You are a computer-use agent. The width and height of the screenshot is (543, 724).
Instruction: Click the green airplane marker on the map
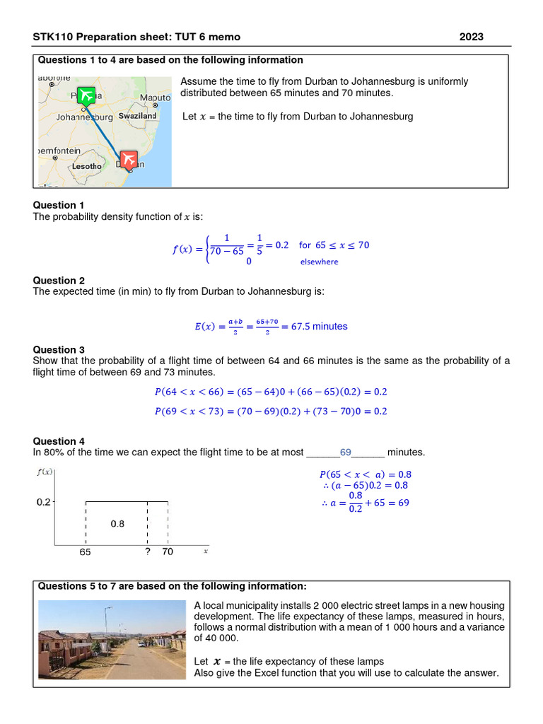click(x=86, y=95)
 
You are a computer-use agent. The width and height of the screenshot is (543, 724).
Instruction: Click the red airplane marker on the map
click(x=129, y=160)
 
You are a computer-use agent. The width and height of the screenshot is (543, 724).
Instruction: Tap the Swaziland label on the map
click(x=137, y=116)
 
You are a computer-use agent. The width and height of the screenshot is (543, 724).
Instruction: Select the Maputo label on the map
click(x=155, y=98)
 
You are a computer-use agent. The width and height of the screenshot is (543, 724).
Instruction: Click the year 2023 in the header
click(x=472, y=37)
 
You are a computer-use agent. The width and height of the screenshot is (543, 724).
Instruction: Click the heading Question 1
click(x=59, y=205)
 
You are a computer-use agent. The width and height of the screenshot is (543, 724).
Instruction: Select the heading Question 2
click(x=59, y=280)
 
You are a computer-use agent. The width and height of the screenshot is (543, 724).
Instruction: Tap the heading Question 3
click(x=59, y=349)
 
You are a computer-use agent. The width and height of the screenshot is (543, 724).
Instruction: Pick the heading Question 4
click(x=59, y=440)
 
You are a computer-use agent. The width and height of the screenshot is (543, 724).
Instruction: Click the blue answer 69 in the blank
click(x=346, y=452)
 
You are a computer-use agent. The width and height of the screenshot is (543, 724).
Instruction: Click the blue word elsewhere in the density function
click(x=319, y=262)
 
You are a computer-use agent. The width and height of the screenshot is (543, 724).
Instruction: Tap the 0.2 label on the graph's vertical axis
click(x=44, y=503)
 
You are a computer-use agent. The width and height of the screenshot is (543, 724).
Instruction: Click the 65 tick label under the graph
click(x=85, y=553)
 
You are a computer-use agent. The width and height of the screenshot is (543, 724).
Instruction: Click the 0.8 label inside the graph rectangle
click(x=117, y=524)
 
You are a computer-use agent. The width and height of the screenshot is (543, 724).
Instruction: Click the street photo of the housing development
click(x=112, y=640)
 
